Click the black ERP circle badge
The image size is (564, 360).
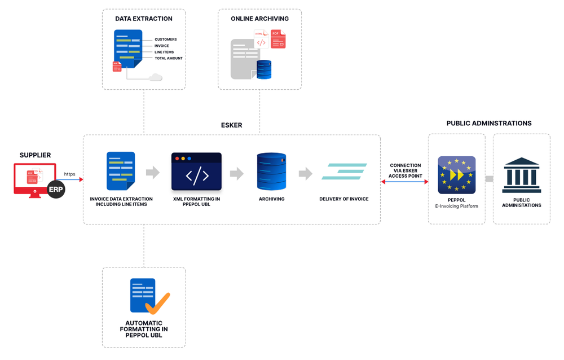(x=56, y=189)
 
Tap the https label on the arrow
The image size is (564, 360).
(x=69, y=174)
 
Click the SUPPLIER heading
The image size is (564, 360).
(x=35, y=155)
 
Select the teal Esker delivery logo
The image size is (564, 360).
(x=344, y=172)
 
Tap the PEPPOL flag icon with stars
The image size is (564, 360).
(x=456, y=175)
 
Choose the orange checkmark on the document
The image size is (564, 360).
(x=157, y=304)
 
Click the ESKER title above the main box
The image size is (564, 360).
(x=231, y=125)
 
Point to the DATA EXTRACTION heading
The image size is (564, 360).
(x=144, y=19)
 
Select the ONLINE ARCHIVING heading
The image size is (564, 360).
(x=259, y=19)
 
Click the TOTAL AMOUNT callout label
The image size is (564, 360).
(x=169, y=58)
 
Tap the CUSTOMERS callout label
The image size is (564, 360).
(x=166, y=39)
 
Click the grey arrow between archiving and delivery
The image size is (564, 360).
(x=305, y=173)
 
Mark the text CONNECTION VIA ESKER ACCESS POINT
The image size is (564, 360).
(x=405, y=171)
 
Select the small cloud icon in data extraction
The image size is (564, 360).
(x=155, y=77)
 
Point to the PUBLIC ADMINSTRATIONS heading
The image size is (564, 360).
(x=488, y=123)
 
